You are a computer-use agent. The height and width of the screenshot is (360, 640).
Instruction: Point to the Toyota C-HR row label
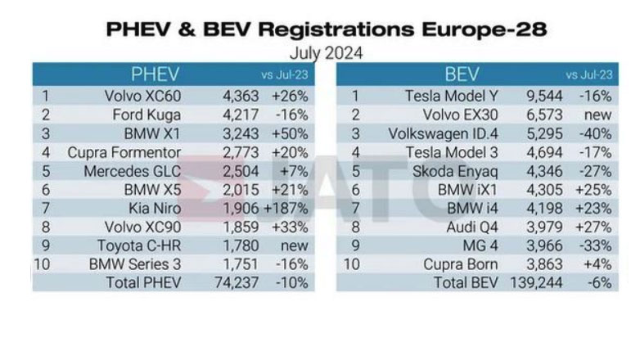coord(137,245)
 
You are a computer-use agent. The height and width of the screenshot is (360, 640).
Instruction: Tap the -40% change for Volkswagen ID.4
coord(594,133)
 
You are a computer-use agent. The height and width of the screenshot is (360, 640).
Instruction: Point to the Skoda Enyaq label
coord(463,171)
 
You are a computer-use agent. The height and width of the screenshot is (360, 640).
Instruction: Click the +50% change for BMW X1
coord(290,133)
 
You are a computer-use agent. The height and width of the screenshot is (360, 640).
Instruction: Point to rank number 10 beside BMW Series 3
coord(43,264)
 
